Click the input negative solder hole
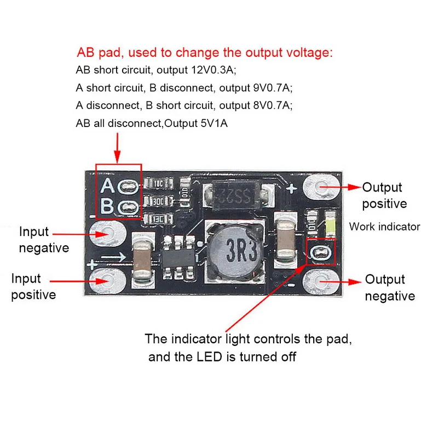[106, 233]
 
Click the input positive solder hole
[106, 280]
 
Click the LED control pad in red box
[319, 252]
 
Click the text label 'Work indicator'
[384, 226]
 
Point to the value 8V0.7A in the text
[272, 105]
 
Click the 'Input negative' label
[44, 240]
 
